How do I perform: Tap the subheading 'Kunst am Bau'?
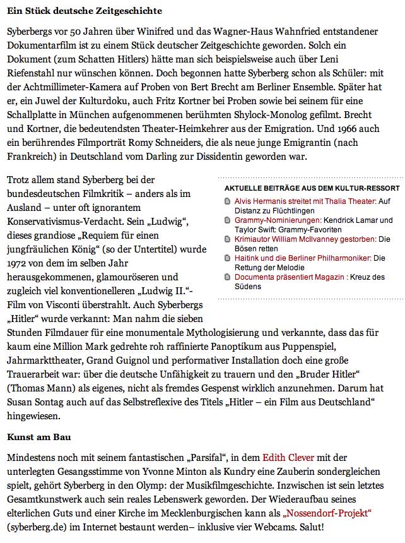coord(38,436)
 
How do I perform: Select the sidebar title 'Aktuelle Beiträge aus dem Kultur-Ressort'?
coord(312,189)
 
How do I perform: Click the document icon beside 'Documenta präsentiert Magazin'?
coord(228,277)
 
